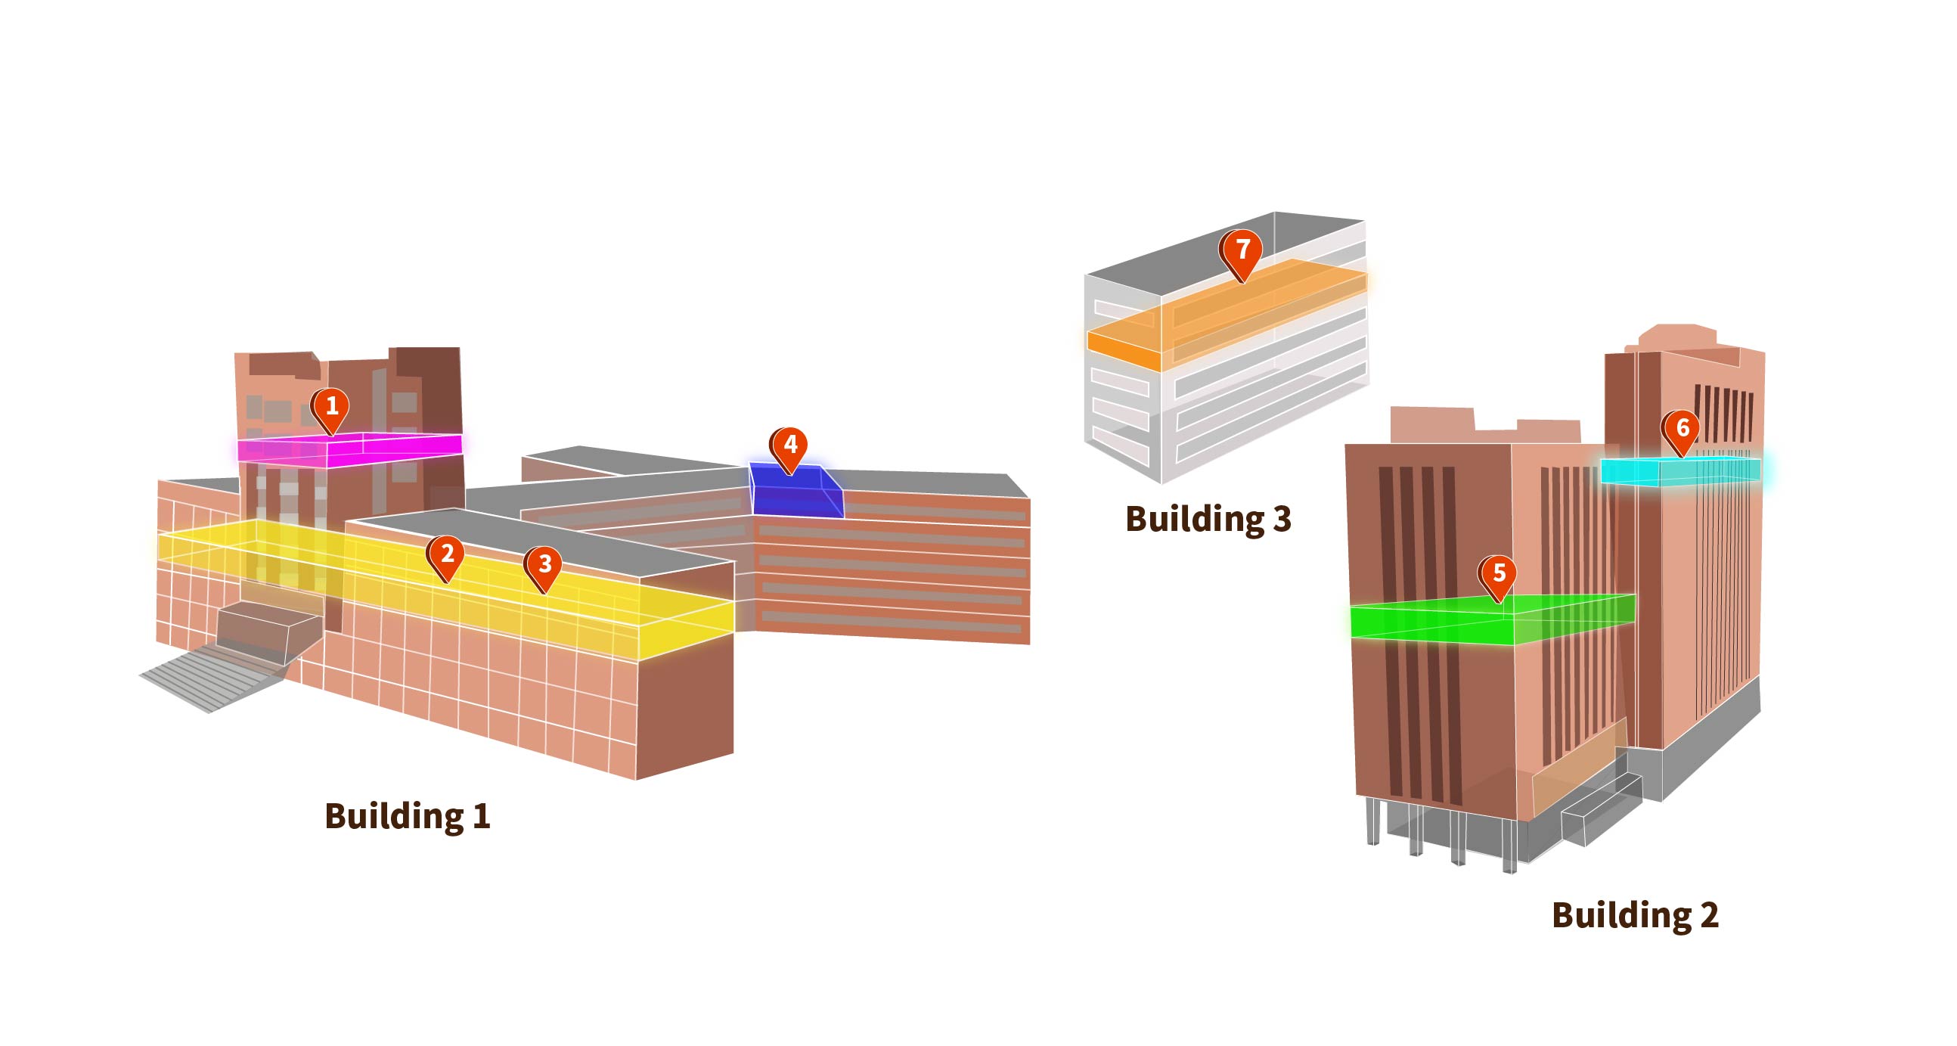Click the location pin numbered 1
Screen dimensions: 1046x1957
330,408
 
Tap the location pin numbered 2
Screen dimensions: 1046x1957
446,555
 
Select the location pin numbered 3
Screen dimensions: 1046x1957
544,565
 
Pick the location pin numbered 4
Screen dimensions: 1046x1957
789,446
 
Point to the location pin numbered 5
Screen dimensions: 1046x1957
1497,575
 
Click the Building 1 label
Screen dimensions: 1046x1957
407,817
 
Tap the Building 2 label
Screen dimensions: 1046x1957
1634,914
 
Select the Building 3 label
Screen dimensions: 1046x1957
1208,519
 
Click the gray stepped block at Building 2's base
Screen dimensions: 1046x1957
1596,813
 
